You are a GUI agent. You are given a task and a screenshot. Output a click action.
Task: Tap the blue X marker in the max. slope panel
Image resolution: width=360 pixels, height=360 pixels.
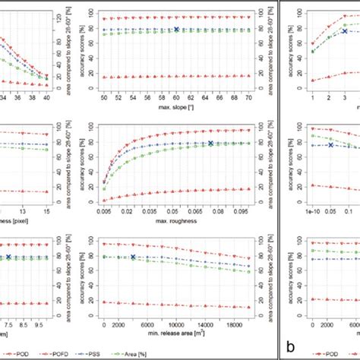pyautogui.click(x=177, y=30)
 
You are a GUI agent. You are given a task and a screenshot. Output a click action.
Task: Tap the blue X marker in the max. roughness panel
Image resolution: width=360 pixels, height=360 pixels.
pyautogui.click(x=210, y=143)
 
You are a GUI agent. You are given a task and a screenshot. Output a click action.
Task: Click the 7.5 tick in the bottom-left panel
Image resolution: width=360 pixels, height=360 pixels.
pyautogui.click(x=10, y=323)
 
